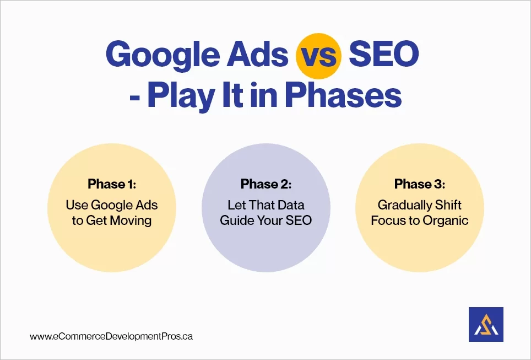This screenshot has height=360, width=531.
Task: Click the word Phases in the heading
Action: pos(346,96)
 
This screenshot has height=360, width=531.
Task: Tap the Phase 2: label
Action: pos(265,184)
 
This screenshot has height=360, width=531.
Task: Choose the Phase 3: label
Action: pos(419,184)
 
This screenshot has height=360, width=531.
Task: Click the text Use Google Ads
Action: pos(112,205)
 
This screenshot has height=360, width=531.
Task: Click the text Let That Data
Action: pos(265,205)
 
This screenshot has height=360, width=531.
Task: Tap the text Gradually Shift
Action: pos(419,205)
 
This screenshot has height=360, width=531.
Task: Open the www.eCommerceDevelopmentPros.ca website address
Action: pos(111,336)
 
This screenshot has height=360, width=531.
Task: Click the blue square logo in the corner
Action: pos(485,324)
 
